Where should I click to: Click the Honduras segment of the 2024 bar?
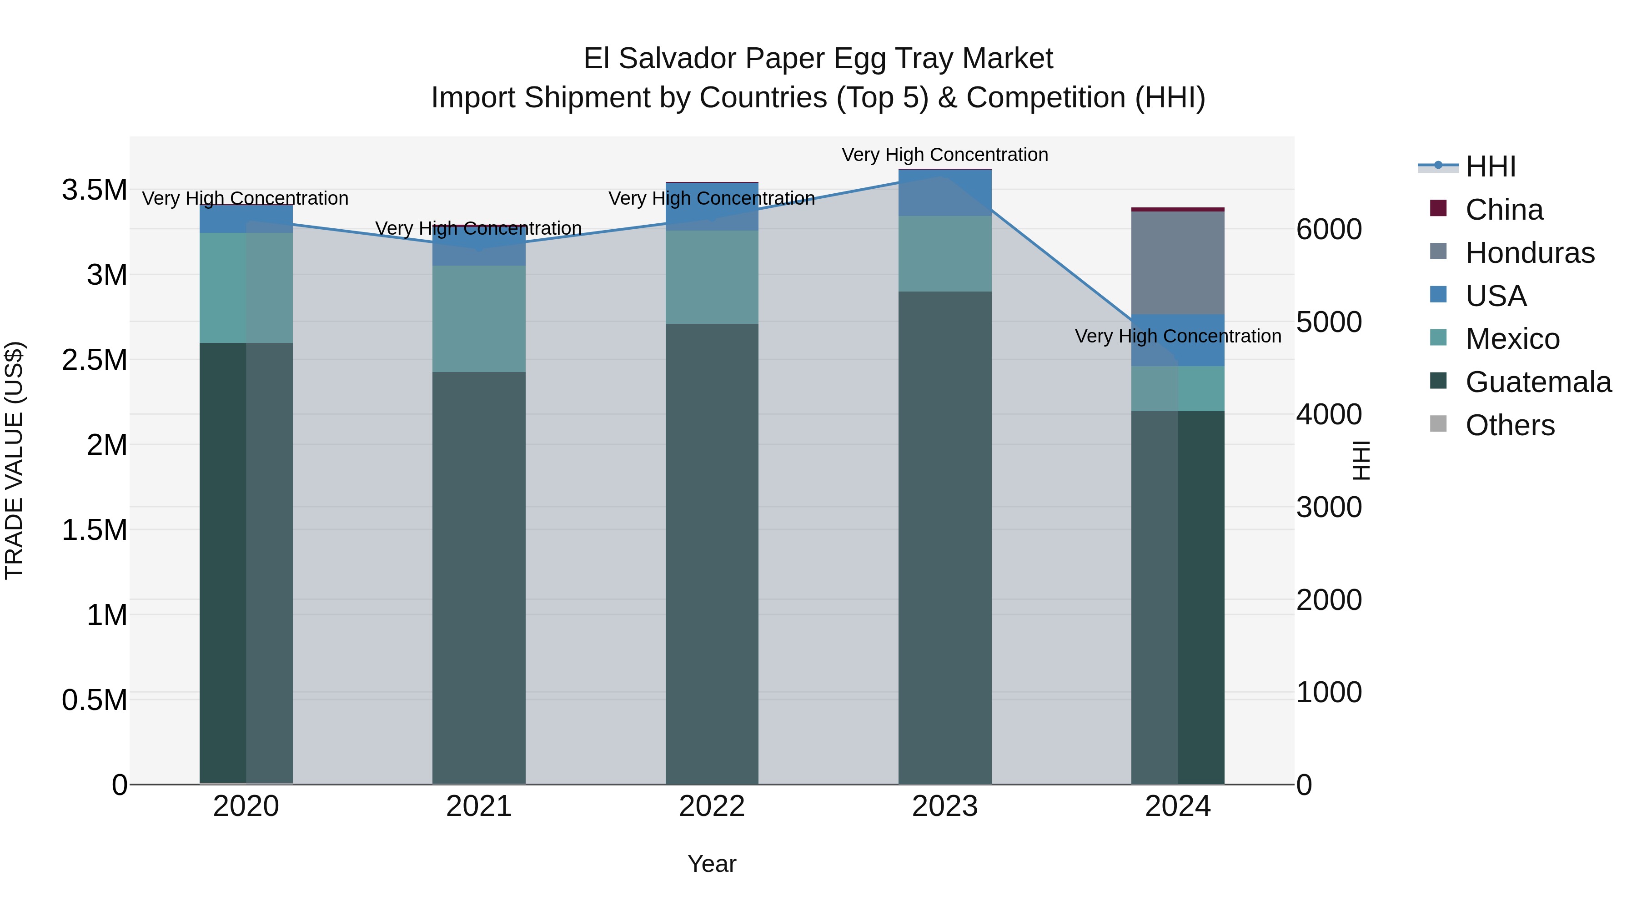tap(1178, 262)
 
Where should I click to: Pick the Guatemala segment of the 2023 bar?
tap(944, 537)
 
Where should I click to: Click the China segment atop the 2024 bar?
tap(1178, 209)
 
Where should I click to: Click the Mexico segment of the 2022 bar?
tap(712, 277)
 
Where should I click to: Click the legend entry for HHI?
tap(1490, 166)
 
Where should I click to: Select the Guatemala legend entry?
tap(1537, 382)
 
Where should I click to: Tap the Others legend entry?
tap(1509, 425)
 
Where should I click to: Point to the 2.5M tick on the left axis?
tap(94, 360)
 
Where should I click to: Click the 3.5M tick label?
tap(94, 189)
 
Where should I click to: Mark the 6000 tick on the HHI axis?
tap(1329, 230)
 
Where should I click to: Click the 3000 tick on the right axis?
tap(1329, 507)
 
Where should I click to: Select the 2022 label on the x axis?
tap(712, 806)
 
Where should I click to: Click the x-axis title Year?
tap(712, 864)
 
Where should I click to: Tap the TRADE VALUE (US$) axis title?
tap(14, 460)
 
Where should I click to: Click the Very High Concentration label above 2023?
tap(944, 155)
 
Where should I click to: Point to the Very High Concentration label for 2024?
tap(1178, 336)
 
